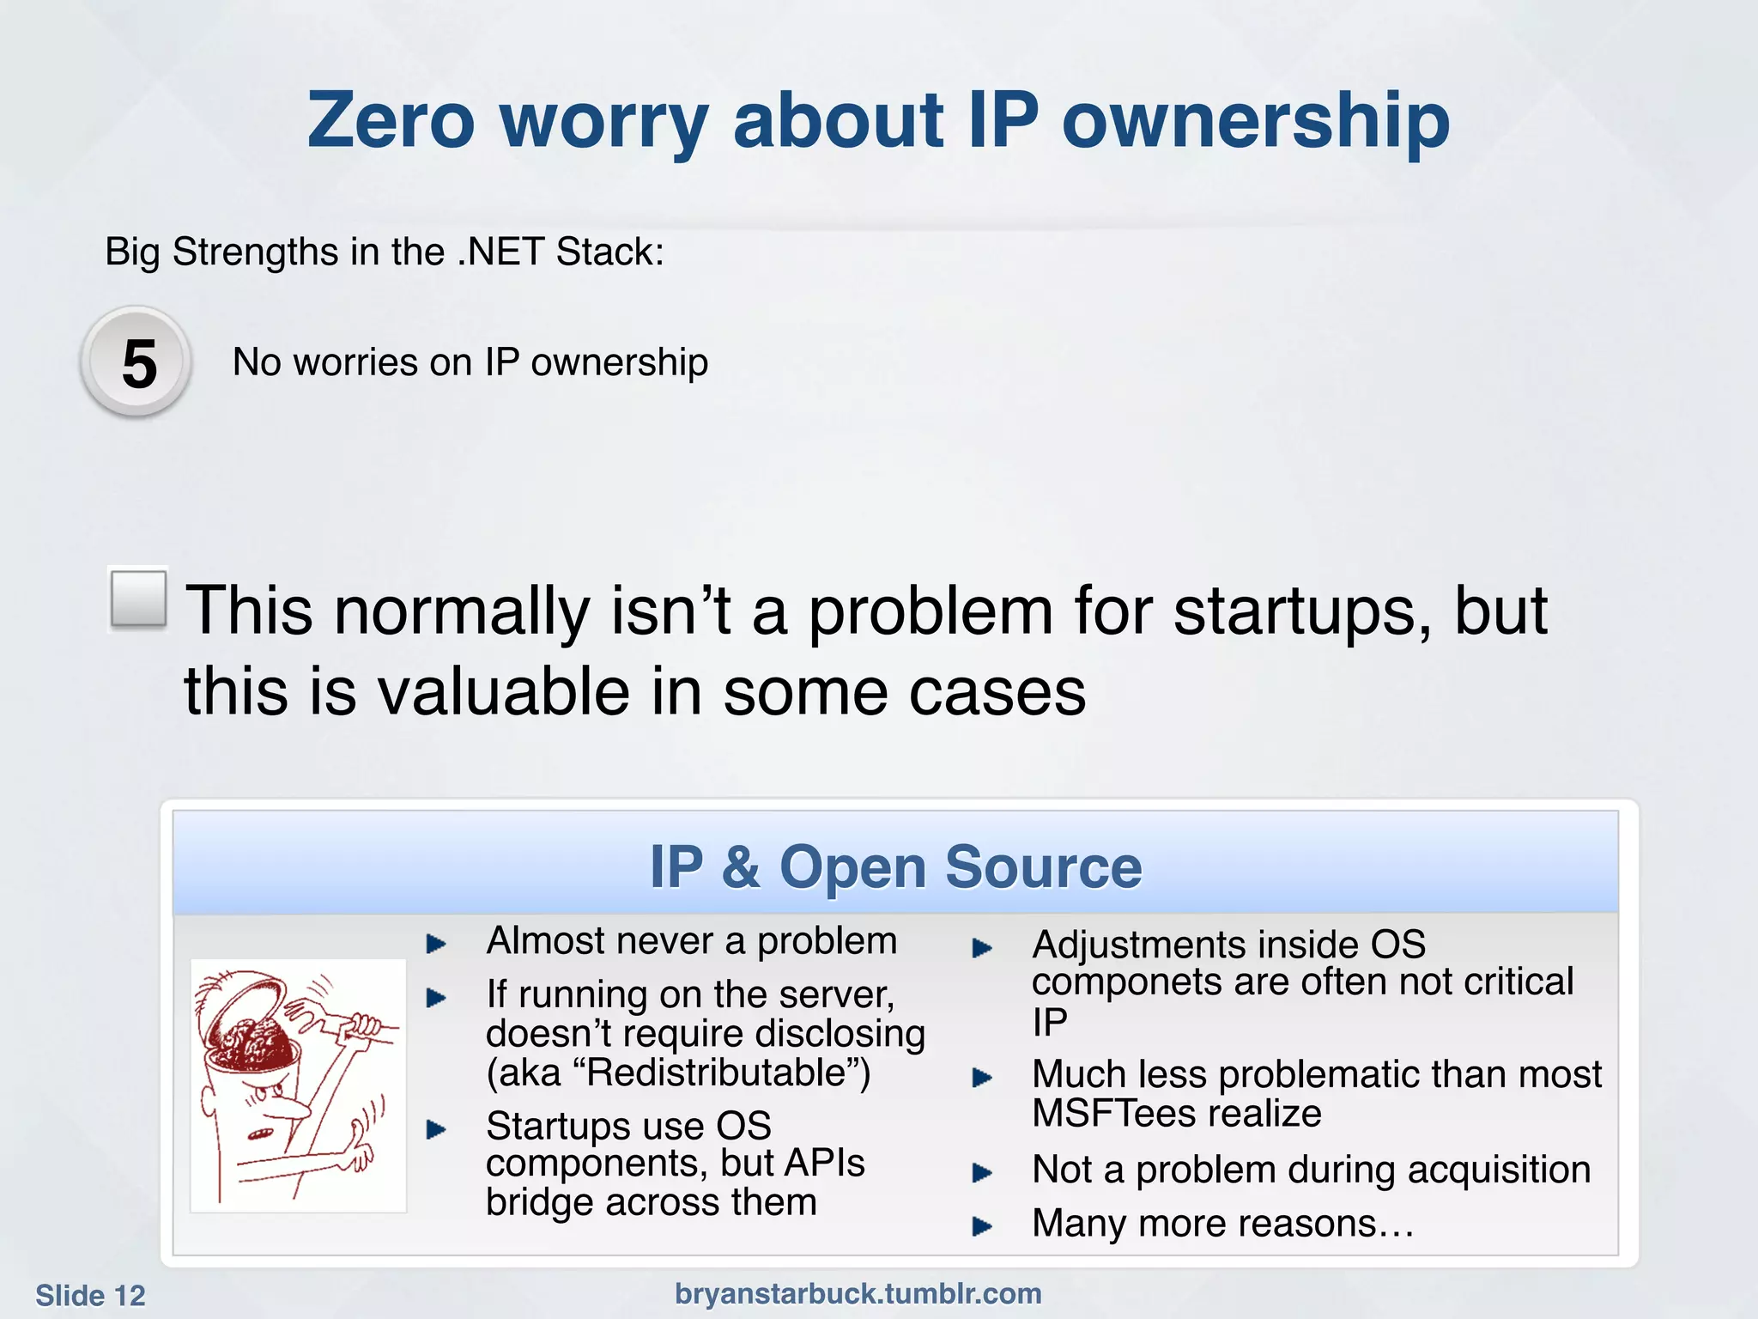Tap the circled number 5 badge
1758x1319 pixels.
click(137, 363)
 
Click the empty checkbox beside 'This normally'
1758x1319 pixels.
click(138, 599)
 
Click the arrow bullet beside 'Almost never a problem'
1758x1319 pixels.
click(436, 945)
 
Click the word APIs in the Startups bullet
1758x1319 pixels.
click(824, 1164)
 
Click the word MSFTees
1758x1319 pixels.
click(1116, 1114)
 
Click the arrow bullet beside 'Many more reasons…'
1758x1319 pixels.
click(981, 1226)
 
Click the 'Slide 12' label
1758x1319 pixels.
click(90, 1295)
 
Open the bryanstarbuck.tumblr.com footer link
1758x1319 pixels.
click(858, 1293)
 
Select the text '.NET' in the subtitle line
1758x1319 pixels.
click(501, 252)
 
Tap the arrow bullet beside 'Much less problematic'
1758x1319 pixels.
click(981, 1078)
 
